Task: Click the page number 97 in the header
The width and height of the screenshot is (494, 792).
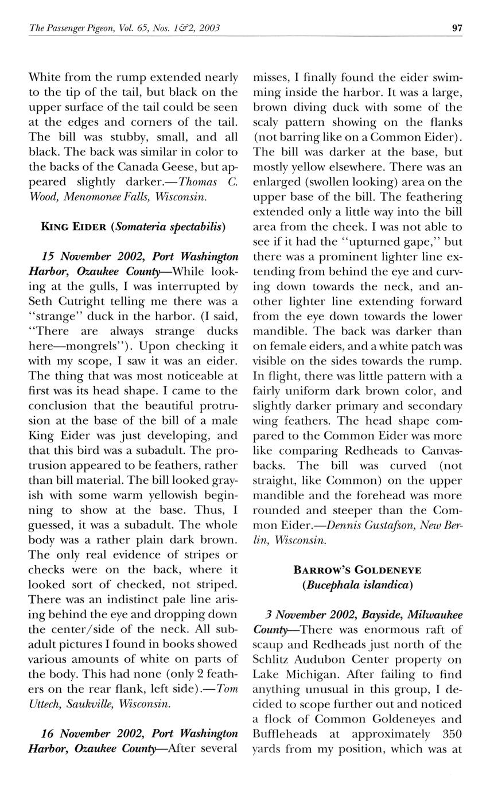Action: (x=457, y=28)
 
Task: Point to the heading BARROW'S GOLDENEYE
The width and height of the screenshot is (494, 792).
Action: (x=357, y=570)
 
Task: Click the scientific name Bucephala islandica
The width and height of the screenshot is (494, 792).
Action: (x=357, y=585)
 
